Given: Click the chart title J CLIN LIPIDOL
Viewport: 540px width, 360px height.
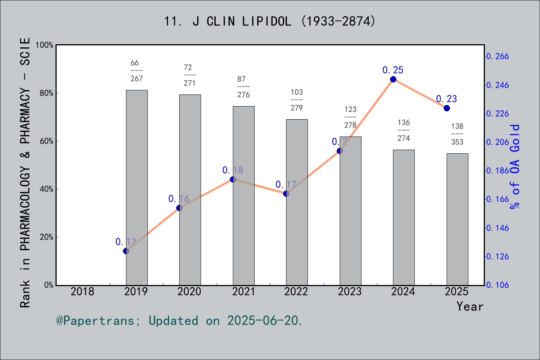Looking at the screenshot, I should click(x=270, y=21).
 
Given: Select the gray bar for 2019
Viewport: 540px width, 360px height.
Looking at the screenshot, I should click(x=136, y=187).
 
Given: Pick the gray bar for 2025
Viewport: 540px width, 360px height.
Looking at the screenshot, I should click(x=457, y=219).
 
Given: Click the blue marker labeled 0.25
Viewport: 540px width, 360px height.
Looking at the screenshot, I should click(x=393, y=79).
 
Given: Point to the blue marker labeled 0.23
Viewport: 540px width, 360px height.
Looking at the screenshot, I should click(x=447, y=108).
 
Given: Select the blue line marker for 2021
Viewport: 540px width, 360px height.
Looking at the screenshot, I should click(x=233, y=179).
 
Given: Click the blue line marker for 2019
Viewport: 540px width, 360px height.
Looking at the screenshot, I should click(x=126, y=251).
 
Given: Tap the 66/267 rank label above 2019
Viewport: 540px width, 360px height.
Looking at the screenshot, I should click(x=136, y=71).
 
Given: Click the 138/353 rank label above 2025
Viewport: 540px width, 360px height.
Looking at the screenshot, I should click(x=457, y=134).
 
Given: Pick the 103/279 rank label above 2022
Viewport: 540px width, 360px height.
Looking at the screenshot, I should click(x=297, y=100).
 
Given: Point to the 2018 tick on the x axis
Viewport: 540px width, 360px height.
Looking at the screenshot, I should click(x=82, y=291).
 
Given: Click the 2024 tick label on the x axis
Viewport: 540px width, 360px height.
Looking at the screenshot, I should click(x=403, y=291).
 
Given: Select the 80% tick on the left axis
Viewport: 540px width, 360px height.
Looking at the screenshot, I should click(x=46, y=93).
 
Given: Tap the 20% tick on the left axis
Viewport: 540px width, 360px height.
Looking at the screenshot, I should click(x=46, y=237).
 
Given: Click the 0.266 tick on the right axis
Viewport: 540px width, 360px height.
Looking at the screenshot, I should click(x=498, y=57).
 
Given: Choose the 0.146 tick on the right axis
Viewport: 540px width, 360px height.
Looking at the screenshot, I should click(x=498, y=228).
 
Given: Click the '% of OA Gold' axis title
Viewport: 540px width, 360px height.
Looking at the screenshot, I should click(x=515, y=166).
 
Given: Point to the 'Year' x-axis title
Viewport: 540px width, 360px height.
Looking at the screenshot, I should click(x=469, y=306).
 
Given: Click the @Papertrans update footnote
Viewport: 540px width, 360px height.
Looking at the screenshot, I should click(x=179, y=321).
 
